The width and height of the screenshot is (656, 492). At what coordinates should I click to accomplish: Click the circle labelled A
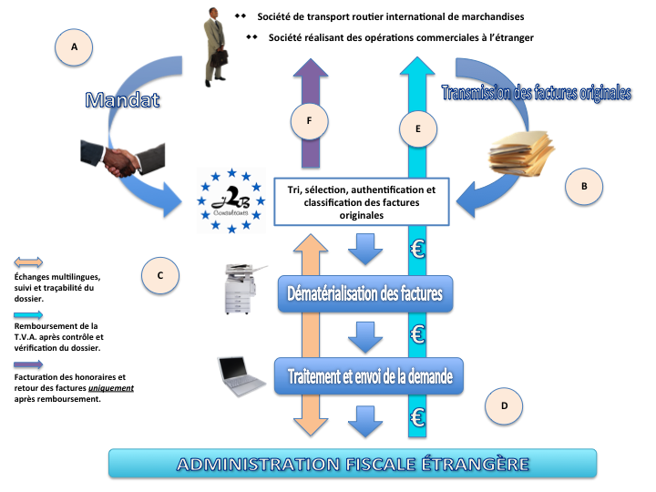tap(74, 47)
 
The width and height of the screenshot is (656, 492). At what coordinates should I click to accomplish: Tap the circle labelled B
tap(584, 186)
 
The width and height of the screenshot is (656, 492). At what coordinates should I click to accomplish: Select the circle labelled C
tap(160, 275)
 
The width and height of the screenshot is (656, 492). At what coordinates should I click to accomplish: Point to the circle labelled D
tap(504, 405)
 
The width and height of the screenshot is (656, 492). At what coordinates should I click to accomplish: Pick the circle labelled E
tap(418, 128)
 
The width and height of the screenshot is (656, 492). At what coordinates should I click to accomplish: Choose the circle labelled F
tap(309, 121)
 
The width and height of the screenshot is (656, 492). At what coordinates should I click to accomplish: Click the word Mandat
tap(123, 100)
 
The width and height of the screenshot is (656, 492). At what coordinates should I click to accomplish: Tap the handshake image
tap(123, 159)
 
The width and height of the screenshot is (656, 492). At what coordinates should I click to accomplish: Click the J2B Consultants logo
tap(231, 200)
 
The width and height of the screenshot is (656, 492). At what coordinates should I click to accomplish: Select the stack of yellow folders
tap(522, 152)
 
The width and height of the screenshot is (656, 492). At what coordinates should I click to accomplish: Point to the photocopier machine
tap(244, 289)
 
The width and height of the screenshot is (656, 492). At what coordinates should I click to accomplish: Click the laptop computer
tap(241, 375)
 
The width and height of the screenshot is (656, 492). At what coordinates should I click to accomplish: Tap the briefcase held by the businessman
tap(219, 58)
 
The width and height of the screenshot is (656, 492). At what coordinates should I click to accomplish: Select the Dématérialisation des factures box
tap(365, 293)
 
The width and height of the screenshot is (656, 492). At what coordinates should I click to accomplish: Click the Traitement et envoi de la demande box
tap(369, 376)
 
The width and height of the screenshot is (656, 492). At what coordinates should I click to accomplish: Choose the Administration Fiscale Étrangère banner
tap(353, 464)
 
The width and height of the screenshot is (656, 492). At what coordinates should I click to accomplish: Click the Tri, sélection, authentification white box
tap(362, 202)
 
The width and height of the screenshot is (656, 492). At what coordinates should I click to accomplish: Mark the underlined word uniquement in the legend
tap(111, 388)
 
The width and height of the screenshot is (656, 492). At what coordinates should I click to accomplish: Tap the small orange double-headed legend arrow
tap(28, 262)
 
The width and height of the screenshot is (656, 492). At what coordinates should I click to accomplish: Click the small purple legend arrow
tap(28, 364)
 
